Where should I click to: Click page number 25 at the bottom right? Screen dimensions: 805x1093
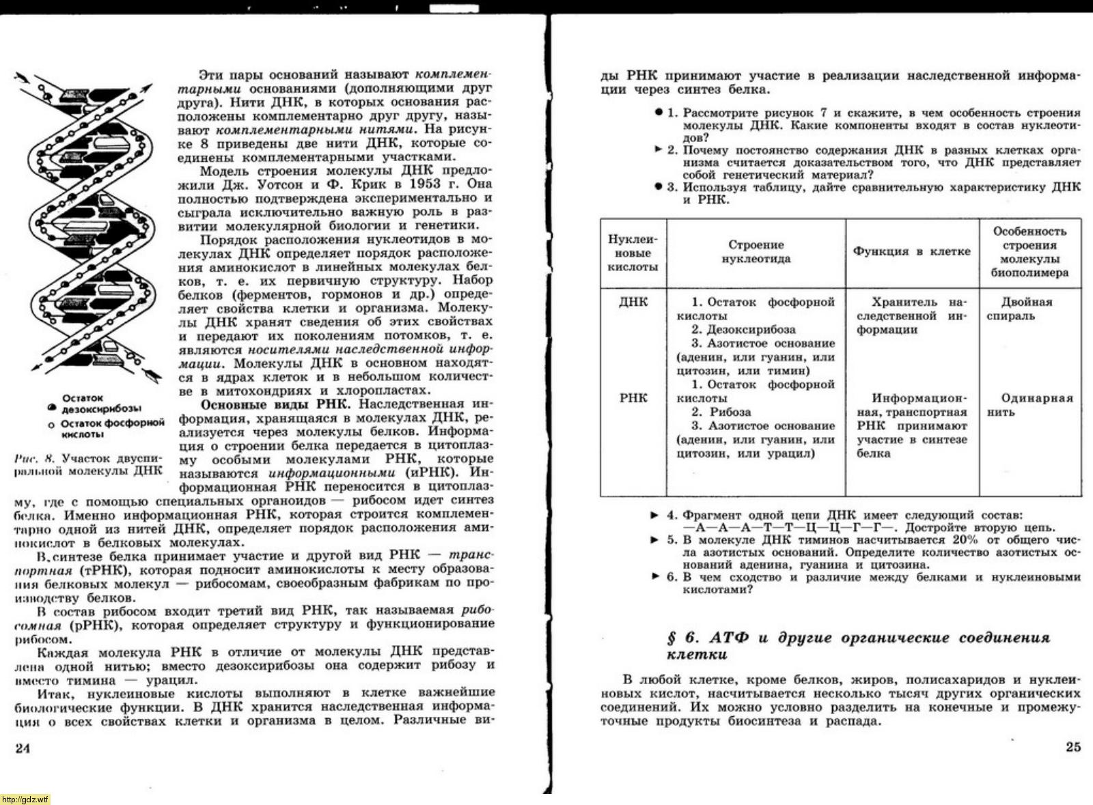click(1073, 746)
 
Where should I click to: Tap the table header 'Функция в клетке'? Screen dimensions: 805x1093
click(912, 251)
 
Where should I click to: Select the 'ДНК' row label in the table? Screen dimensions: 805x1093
click(633, 302)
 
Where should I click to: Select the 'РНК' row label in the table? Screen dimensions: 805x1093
click(633, 398)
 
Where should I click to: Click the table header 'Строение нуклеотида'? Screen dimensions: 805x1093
click(756, 252)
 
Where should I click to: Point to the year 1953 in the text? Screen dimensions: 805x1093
click(426, 184)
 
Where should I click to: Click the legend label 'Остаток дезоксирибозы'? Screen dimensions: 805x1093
click(101, 403)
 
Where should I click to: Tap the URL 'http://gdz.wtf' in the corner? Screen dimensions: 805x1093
click(25, 800)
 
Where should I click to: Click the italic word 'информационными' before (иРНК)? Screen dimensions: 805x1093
click(331, 473)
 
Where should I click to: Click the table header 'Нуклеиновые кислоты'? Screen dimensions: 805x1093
click(633, 253)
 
